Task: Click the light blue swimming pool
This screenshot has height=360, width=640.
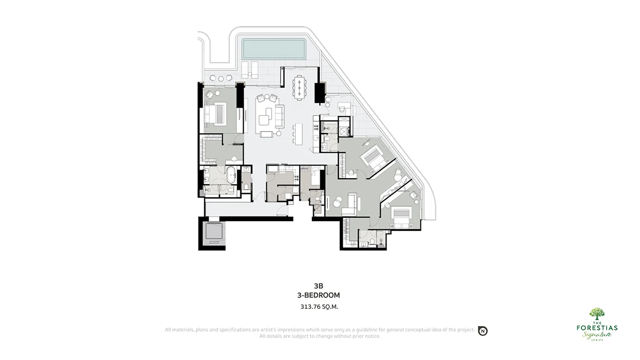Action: click(x=274, y=49)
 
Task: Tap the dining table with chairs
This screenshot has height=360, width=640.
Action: click(x=299, y=87)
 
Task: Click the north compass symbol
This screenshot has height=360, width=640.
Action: click(x=482, y=331)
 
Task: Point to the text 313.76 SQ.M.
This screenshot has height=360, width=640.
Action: click(x=319, y=307)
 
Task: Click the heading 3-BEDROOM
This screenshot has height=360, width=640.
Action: click(x=319, y=295)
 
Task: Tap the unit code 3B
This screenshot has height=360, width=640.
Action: click(x=319, y=286)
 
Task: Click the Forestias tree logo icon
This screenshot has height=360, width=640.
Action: click(x=597, y=314)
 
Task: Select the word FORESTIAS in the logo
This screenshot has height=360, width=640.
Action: click(x=597, y=328)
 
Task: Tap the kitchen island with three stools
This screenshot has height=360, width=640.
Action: click(x=298, y=134)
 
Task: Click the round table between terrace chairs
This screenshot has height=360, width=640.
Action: click(x=221, y=79)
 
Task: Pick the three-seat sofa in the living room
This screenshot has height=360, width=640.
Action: click(x=280, y=116)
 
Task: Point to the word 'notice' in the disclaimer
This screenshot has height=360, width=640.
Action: click(x=372, y=336)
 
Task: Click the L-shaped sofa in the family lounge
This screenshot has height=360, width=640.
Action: click(x=351, y=204)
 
